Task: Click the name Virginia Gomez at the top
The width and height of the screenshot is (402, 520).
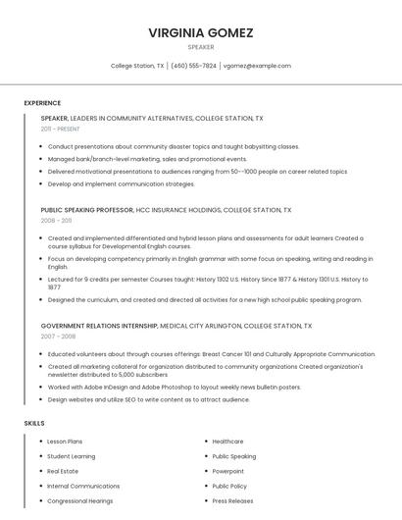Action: point(201,32)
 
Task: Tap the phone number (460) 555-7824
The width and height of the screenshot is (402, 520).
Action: point(194,66)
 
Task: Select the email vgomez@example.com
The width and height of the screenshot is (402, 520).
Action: point(257,66)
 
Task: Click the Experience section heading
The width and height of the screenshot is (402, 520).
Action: point(42,103)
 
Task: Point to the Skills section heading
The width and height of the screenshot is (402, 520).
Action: point(34,423)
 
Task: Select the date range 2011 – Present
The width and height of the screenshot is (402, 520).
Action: point(60,129)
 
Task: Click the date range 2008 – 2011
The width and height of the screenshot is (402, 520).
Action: point(56,221)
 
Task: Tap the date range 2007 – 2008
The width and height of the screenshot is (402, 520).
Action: point(57,336)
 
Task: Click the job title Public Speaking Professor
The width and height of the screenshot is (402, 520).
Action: point(86,210)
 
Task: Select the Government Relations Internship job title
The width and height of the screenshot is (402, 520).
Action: point(98,325)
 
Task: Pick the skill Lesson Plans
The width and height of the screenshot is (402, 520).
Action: point(65,442)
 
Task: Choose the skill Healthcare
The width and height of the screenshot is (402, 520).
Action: point(227,442)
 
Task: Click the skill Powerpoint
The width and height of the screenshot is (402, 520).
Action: point(228,471)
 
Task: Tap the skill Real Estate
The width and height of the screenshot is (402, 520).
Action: point(64,471)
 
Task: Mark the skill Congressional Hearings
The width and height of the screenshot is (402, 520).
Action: point(80,500)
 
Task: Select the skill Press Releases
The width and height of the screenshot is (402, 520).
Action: point(233,500)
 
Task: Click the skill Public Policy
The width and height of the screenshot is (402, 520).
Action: point(229,486)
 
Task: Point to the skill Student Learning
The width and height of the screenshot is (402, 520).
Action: point(71,456)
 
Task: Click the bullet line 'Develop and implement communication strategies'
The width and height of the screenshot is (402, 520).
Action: point(121,183)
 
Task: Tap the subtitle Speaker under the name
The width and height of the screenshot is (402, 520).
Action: point(201,47)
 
